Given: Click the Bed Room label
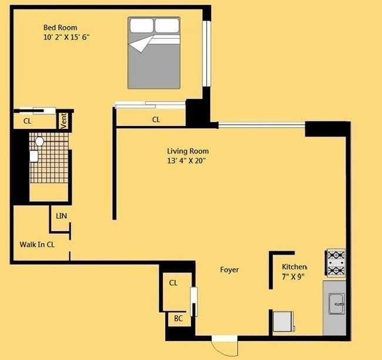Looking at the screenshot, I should pos(60,27).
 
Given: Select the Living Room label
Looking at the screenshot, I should pos(187,151).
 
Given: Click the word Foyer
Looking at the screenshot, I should pos(229,270).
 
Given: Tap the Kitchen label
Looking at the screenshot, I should pos(294,266).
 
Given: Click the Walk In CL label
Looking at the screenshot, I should pos(38,244).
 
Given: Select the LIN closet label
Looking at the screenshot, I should pos(62,216).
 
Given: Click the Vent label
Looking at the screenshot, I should pos(64,121).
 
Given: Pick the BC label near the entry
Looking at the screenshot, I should pos(177,319).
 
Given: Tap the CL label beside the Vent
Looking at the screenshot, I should pos(27,121).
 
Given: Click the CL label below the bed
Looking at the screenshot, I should pos(156,119).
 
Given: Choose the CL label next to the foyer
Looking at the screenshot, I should pos(173,283).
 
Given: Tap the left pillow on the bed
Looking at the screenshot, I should pos(142,25).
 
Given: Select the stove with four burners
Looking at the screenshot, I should pos(336,263).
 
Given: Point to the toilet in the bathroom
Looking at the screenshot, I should pos(39,142).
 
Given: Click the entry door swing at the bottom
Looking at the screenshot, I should pos(224,346).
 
